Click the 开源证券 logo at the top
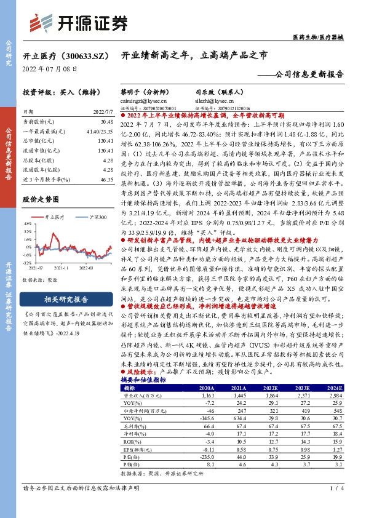coord(81,22)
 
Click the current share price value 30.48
coord(105,123)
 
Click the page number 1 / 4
coord(335,506)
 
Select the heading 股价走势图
coord(41,199)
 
